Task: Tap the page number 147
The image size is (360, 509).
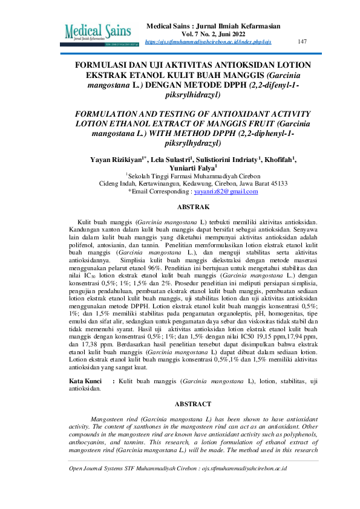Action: pos(303,42)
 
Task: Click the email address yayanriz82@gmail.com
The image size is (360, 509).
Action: pos(226,191)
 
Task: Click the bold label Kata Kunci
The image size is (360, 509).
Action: pos(84,382)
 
